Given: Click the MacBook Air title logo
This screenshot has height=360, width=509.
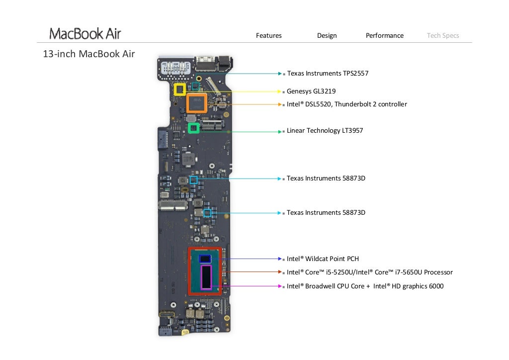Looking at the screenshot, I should pos(85,34).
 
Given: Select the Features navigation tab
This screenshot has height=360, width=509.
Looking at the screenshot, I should pos(268,36).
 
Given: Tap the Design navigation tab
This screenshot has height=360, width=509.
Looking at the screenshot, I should pos(327,36).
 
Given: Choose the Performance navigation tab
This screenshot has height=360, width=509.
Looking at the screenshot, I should pos(384,36).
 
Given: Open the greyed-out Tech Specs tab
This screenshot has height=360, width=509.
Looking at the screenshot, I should pos(442,36).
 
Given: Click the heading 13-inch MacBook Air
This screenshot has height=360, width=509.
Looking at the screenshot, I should pos(89,54).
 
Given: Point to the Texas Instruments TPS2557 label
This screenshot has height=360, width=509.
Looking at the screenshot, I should pos(328,74).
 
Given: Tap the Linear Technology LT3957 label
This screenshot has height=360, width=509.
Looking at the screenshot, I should pos(325,131).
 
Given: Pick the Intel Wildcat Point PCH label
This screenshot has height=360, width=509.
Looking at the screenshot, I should pos(323,259).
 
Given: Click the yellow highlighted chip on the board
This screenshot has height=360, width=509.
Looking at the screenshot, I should pos(180,90).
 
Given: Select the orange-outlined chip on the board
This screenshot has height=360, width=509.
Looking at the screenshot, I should pos(197,103).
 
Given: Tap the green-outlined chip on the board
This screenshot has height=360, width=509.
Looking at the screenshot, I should pos(193,128).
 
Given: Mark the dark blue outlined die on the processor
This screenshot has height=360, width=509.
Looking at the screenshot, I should pos(205,259).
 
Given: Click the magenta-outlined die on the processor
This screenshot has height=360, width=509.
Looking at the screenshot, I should pos(206,277).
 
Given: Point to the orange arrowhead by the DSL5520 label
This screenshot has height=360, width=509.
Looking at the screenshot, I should pos(280,104).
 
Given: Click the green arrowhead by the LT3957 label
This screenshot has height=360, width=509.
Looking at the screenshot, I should pos(280,131).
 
